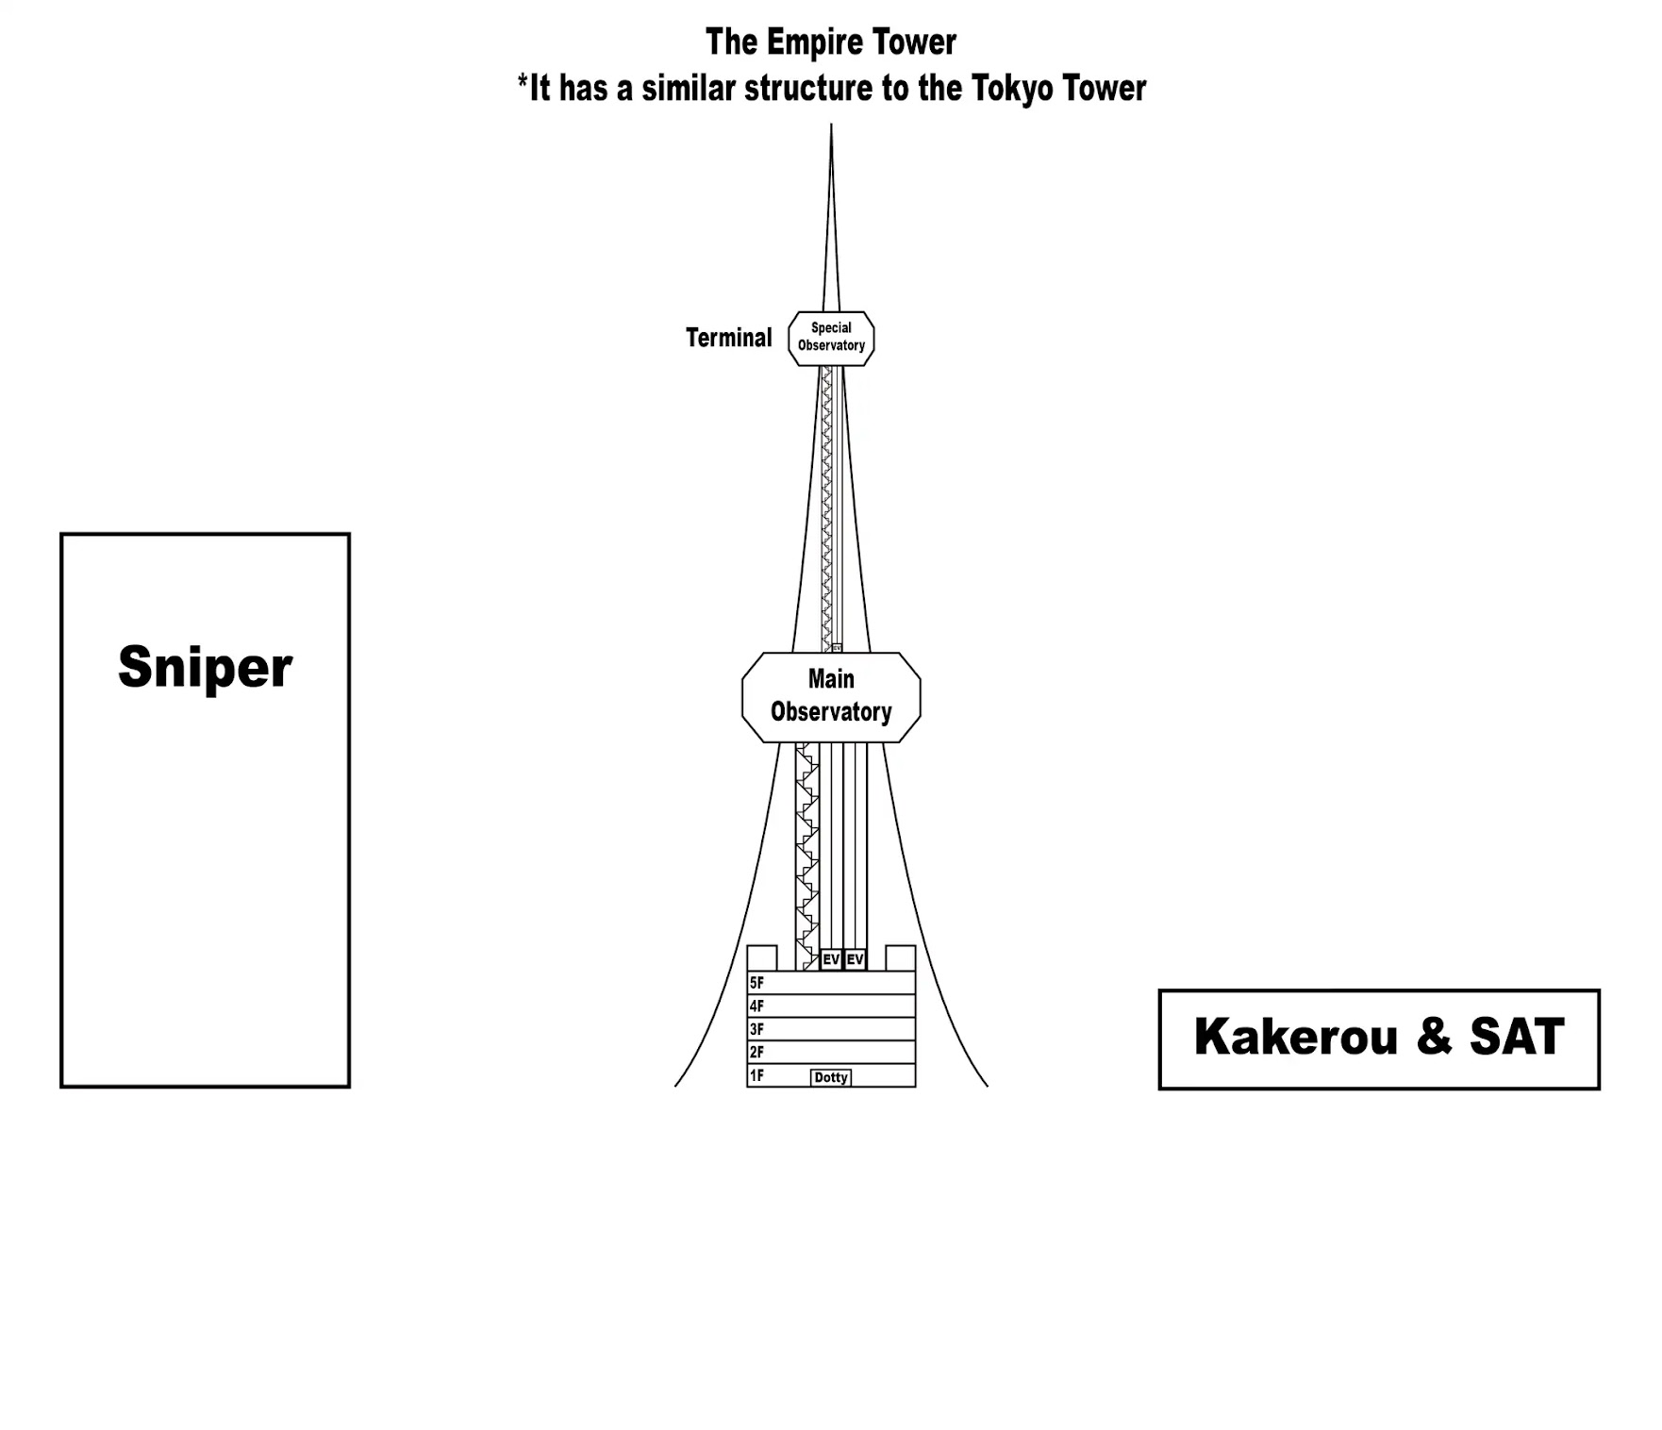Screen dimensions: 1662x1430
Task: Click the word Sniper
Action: (205, 668)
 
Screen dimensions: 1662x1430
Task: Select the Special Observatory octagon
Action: (831, 338)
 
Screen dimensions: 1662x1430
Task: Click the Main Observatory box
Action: (831, 696)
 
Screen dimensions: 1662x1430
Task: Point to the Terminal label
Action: (728, 338)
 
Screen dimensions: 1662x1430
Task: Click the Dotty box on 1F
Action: (831, 1077)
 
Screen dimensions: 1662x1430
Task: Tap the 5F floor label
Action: (756, 983)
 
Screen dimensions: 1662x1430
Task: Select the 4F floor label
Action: (756, 1006)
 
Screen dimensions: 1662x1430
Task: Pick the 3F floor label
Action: (756, 1029)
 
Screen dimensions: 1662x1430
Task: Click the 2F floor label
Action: (756, 1052)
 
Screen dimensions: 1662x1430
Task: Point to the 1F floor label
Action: (756, 1075)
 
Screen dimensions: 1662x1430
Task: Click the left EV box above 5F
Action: (831, 959)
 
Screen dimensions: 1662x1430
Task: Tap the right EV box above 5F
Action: (855, 959)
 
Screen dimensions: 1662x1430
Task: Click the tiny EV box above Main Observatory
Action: (837, 648)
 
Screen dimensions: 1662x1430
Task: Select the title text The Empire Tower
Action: (831, 42)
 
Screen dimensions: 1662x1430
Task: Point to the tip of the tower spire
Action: (831, 125)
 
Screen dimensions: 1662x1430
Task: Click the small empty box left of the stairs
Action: (762, 957)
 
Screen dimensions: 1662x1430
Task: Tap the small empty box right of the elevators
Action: (901, 957)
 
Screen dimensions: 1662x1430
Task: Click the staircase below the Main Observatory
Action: (807, 856)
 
